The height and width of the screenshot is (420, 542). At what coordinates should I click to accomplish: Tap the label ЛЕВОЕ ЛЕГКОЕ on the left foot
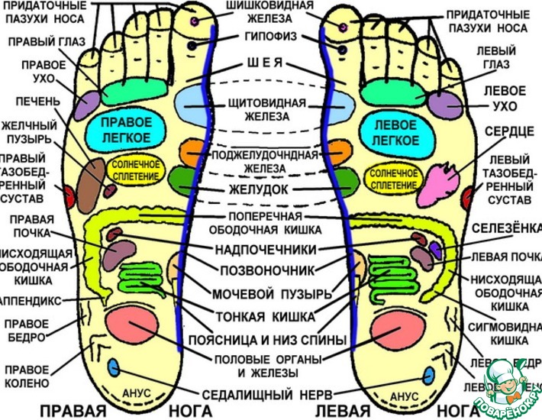coord(395,131)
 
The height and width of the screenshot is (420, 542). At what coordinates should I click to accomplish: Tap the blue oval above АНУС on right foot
coord(115,367)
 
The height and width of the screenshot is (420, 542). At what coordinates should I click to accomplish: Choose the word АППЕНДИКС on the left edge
coord(31,301)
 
